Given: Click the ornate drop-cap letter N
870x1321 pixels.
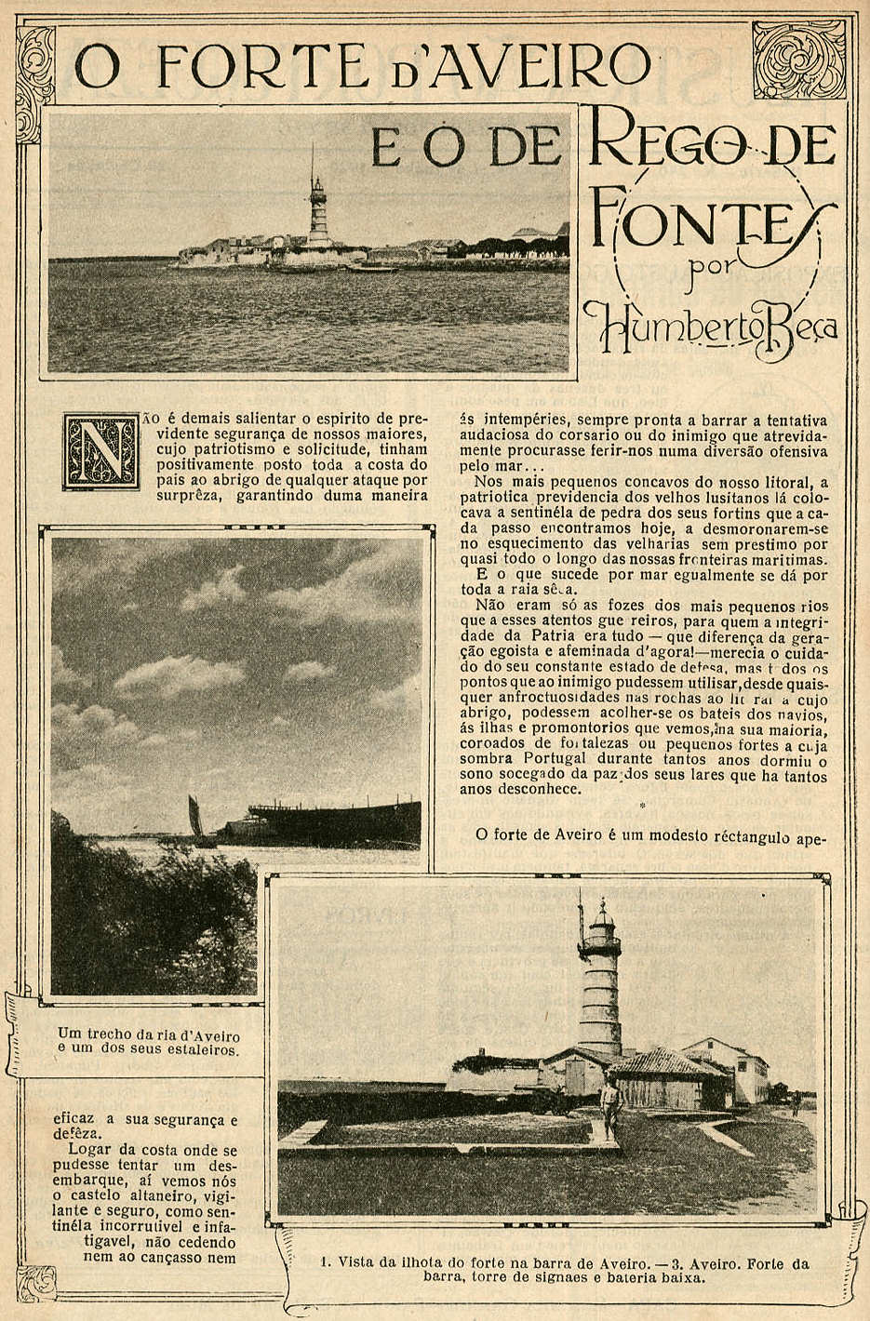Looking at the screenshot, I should click(100, 451).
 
